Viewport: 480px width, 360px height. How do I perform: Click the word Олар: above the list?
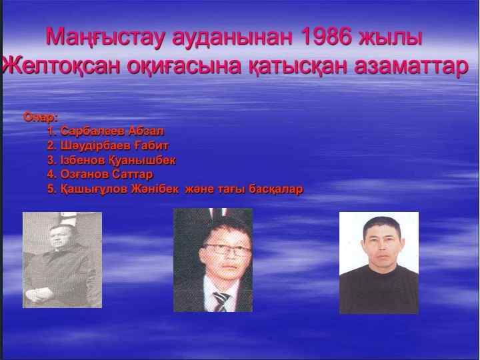coord(41,117)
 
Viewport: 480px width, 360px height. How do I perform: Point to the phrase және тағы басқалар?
coord(247,189)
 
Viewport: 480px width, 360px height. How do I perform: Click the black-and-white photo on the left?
coord(62,259)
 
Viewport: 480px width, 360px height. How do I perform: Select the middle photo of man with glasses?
coord(213,260)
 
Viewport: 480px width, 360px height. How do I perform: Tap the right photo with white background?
coord(379,263)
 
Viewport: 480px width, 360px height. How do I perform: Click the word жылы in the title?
coord(398,37)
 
